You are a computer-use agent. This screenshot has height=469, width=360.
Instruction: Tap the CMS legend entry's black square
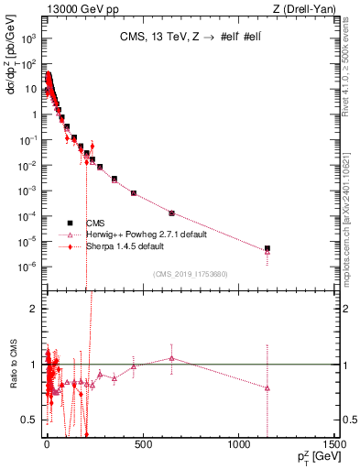pos(70,223)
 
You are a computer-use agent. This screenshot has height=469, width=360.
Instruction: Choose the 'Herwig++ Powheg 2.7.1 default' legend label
pos(146,234)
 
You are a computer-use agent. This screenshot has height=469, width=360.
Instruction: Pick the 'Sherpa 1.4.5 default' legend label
pos(127,246)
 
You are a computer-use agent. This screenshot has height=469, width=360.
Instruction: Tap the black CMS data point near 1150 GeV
pos(267,248)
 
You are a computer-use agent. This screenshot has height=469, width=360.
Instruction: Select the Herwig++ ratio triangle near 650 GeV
pos(171,358)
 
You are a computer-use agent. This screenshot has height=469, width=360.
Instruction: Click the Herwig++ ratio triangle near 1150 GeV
pos(267,388)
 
